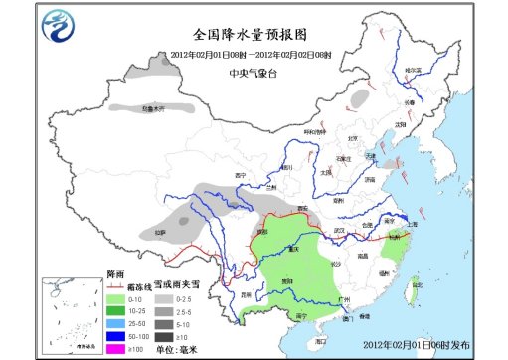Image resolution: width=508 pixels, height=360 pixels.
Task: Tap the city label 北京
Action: click(x=356, y=139)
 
